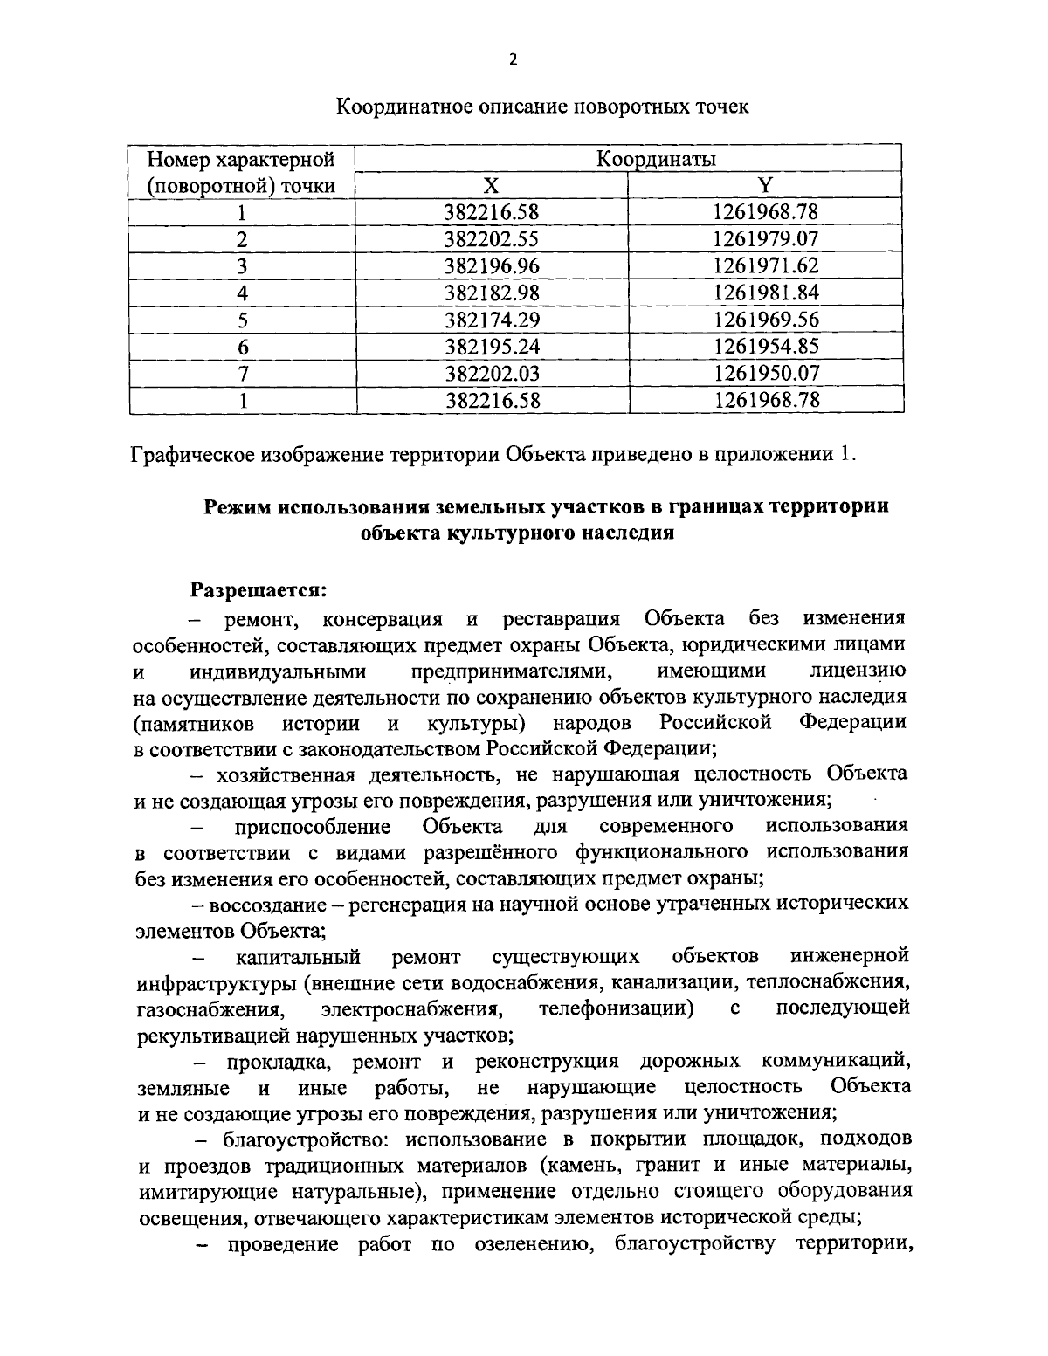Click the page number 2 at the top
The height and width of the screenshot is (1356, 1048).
point(513,59)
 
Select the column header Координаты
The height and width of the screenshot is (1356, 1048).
point(655,159)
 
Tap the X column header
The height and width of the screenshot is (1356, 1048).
point(492,185)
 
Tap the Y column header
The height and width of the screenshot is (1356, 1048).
point(765,185)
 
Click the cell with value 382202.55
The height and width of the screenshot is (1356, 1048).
point(492,238)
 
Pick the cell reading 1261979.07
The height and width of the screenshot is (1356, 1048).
point(765,238)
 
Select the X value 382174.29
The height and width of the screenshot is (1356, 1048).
point(492,320)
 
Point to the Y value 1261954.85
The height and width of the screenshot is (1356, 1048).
point(765,347)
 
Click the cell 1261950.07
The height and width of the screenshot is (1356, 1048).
point(765,374)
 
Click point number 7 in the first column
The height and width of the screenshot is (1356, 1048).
point(242,374)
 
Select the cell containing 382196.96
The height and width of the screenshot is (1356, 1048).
point(492,265)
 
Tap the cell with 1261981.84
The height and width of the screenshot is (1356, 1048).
point(765,293)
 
